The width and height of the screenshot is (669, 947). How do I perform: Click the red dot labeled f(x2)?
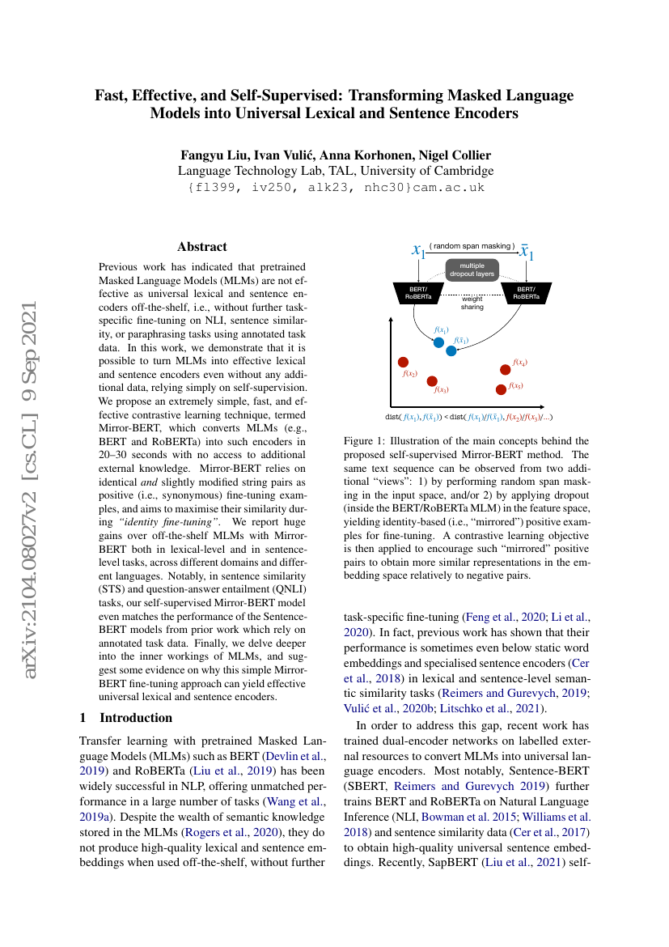404,362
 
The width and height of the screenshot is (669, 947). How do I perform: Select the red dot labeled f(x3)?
432,380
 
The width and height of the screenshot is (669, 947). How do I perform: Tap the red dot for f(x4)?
506,369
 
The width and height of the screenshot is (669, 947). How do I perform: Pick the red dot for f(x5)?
501,389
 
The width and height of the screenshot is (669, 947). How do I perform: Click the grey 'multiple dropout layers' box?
472,269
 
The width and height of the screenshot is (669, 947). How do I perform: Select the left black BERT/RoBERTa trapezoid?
418,292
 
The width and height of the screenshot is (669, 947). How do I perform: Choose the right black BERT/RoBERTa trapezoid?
526,292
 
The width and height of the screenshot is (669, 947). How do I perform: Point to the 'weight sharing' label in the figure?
472,304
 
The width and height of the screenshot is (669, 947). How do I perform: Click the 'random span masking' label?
472,245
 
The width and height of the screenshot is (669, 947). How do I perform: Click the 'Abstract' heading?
202,247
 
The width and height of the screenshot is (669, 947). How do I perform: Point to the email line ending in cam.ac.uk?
335,187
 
